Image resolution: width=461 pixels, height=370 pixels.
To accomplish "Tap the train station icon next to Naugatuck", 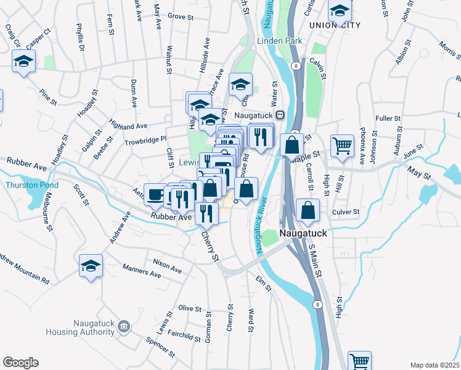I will (280, 115).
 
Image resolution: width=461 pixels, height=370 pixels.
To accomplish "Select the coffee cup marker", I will (155, 194).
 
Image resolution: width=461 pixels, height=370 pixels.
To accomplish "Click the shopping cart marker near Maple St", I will (342, 147).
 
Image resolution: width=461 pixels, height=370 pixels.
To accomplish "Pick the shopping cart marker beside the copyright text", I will (359, 361).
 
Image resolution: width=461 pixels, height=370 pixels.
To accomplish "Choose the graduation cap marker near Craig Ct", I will (24, 62).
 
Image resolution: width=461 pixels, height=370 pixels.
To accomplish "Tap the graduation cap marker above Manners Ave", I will (91, 266).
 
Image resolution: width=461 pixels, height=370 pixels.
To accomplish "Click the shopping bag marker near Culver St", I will (307, 211).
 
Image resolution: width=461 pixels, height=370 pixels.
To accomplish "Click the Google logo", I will (20, 363).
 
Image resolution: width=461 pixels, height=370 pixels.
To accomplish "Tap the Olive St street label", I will (190, 308).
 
